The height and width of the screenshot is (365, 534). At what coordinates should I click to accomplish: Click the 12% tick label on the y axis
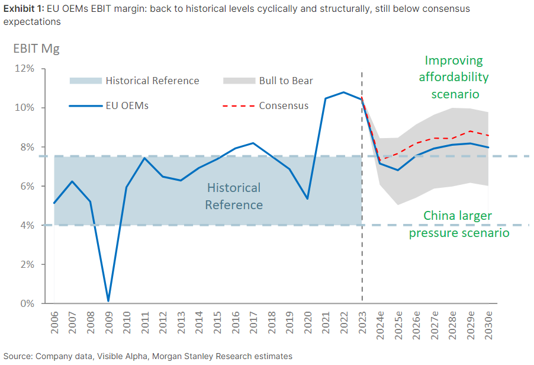point(25,69)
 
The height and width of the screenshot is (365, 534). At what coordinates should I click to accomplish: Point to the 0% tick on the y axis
point(27,303)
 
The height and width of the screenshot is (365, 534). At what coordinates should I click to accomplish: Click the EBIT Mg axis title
point(36,49)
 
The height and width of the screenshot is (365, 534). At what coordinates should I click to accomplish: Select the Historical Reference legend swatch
point(85,81)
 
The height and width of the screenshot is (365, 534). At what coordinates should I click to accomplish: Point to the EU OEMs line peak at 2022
point(344,92)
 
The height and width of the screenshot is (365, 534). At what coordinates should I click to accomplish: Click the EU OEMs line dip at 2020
point(307,198)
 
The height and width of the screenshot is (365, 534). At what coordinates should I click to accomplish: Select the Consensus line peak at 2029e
point(471,131)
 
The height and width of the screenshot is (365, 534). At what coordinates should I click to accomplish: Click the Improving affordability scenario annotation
point(454,77)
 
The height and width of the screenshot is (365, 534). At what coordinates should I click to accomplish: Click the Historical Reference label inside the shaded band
point(234,196)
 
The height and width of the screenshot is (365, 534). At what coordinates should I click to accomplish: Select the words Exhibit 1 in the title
point(20,9)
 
